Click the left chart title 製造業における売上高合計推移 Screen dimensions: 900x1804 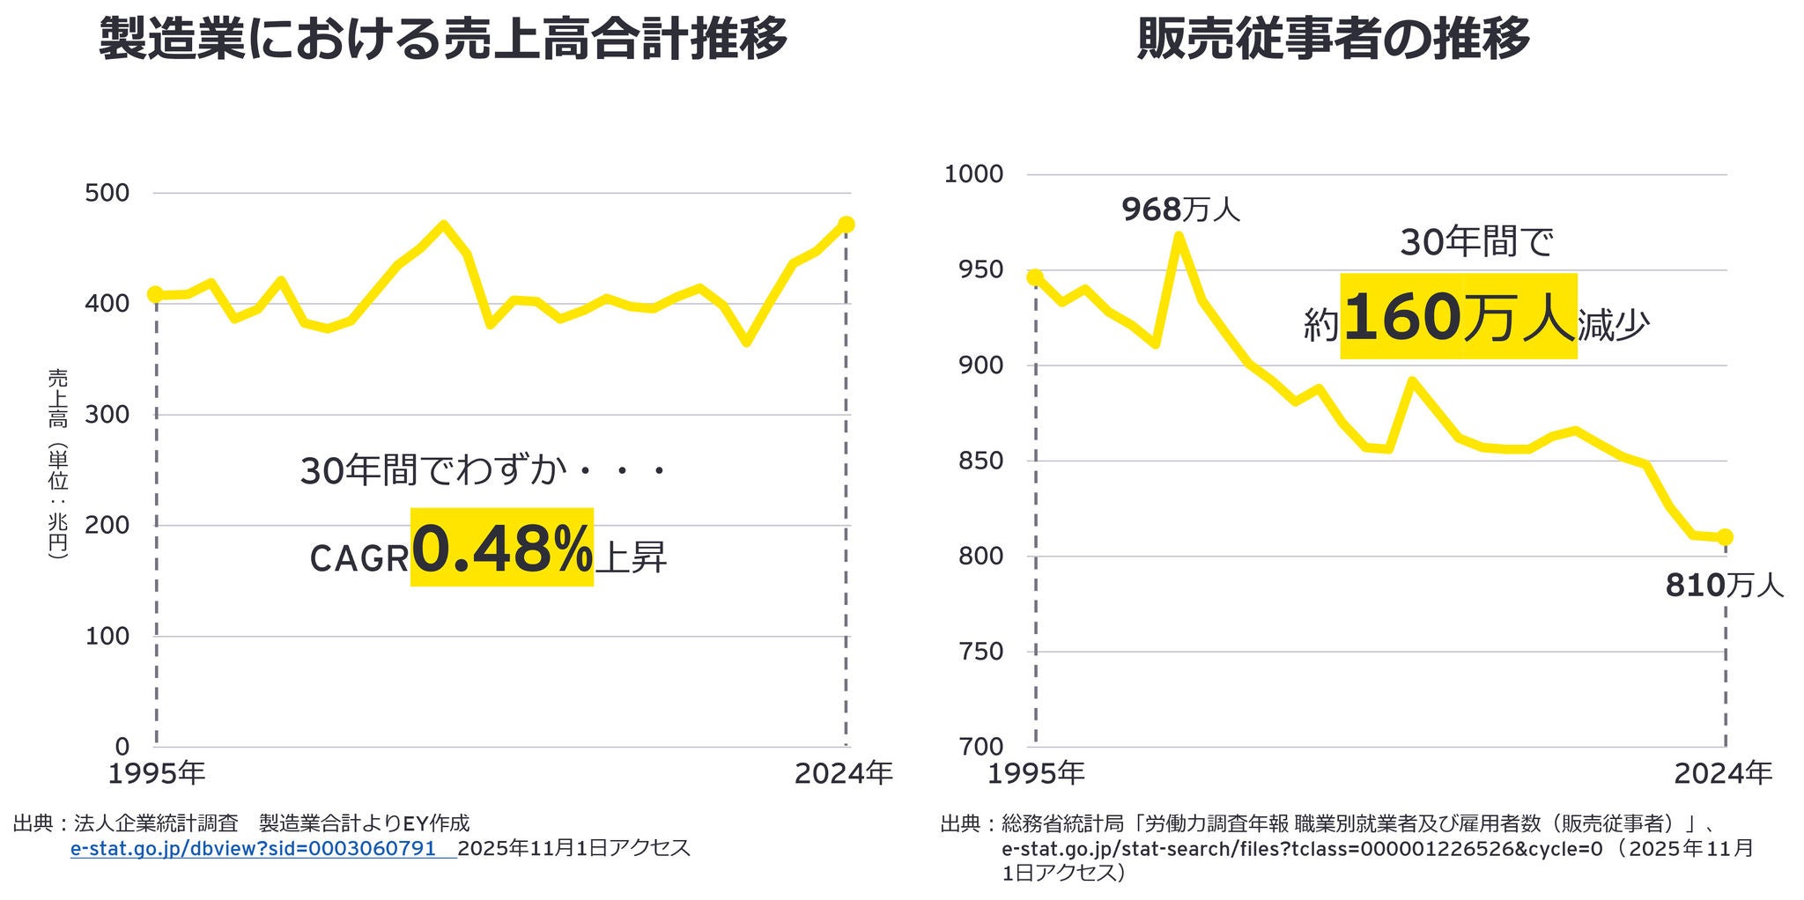click(x=443, y=40)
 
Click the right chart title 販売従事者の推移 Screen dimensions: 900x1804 click(x=1333, y=40)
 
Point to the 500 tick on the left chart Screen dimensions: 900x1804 click(x=107, y=193)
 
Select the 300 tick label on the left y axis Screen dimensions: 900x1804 click(x=107, y=415)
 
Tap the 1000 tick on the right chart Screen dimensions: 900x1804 click(x=973, y=174)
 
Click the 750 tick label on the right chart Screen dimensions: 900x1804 click(x=980, y=652)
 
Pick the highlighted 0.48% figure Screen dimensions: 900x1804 click(x=502, y=548)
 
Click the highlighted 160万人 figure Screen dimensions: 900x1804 click(x=1458, y=317)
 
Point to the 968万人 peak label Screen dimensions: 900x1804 click(x=1180, y=210)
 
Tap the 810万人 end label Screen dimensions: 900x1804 click(x=1724, y=586)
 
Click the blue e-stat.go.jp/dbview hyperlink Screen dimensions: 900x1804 click(x=254, y=849)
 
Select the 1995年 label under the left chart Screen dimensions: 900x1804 click(x=157, y=774)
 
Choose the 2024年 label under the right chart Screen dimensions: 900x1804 click(x=1723, y=774)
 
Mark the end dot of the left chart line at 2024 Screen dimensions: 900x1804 click(x=846, y=225)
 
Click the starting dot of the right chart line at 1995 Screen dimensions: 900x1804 click(x=1035, y=277)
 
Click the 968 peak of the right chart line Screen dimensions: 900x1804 click(x=1179, y=235)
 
